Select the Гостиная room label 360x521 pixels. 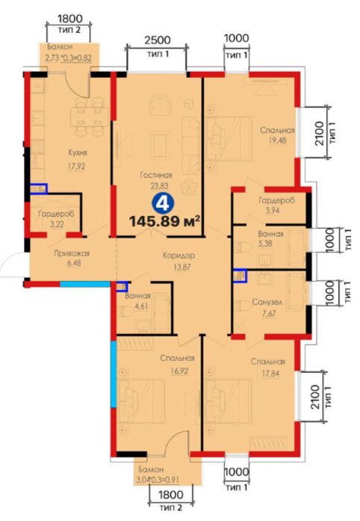(156, 175)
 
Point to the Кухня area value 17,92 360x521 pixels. (76, 166)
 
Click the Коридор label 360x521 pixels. (179, 256)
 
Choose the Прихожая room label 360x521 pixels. (72, 253)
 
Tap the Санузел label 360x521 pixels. (267, 303)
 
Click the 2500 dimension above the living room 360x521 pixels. (157, 40)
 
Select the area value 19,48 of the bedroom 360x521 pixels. (277, 141)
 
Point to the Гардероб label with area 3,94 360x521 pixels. (276, 200)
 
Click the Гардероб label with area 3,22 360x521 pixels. (56, 214)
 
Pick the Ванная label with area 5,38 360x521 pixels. (270, 234)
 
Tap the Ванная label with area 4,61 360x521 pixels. (138, 296)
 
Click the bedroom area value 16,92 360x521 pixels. (179, 371)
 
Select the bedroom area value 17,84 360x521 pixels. (270, 374)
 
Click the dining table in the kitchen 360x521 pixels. (89, 117)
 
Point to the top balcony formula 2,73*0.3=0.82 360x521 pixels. (68, 58)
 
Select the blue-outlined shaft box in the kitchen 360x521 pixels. (39, 189)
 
